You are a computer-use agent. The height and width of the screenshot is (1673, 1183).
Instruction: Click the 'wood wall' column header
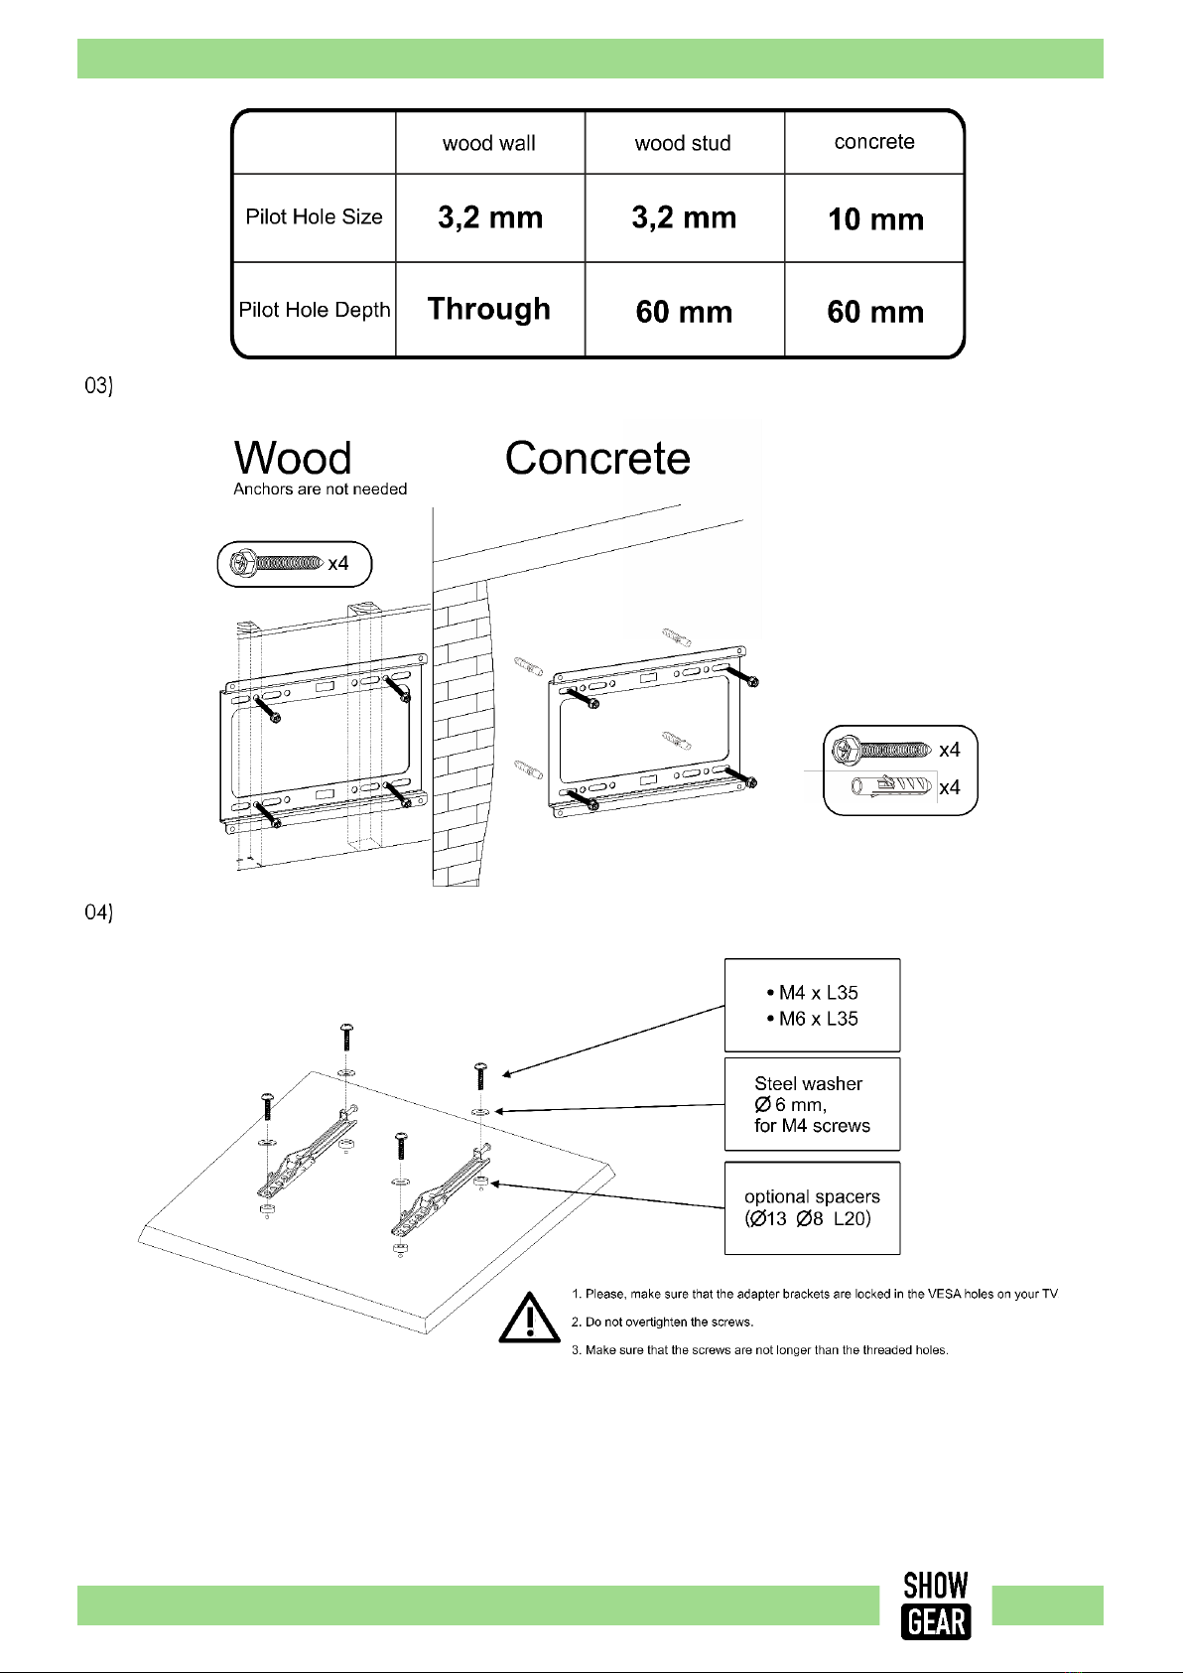coord(489,143)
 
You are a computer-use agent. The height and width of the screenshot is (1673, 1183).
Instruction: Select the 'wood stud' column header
coord(682,143)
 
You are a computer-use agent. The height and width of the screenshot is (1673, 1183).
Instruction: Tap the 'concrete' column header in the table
coord(874,141)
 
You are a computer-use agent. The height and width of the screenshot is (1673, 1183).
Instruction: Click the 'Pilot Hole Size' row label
coord(314,216)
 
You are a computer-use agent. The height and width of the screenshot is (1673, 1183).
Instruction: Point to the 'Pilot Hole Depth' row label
coord(315,309)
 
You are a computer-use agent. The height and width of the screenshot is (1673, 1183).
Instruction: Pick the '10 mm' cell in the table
coord(875,218)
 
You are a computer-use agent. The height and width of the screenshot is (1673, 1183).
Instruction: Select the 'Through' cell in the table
coord(489,309)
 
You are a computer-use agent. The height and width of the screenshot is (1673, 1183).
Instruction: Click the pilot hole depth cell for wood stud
coord(684,312)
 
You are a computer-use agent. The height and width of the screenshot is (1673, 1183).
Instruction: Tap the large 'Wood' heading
coord(293,457)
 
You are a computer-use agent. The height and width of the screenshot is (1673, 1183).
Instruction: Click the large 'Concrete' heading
coord(597,457)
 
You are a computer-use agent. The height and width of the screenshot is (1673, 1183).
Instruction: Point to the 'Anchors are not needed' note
coord(321,488)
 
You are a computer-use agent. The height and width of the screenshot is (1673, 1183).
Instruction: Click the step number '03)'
coord(98,385)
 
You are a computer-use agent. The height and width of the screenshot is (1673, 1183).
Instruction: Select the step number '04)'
coord(98,911)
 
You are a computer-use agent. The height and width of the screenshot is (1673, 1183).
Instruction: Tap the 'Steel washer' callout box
coord(812,1104)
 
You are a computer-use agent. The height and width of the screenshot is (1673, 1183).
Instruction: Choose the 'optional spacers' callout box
coord(812,1207)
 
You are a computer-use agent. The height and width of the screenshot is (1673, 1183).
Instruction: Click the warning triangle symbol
coord(529,1318)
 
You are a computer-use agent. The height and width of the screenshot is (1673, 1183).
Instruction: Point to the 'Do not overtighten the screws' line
coord(662,1322)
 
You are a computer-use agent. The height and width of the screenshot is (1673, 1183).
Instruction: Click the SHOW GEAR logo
coord(936,1605)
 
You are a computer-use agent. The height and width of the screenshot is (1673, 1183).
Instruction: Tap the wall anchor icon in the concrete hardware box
coord(892,786)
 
